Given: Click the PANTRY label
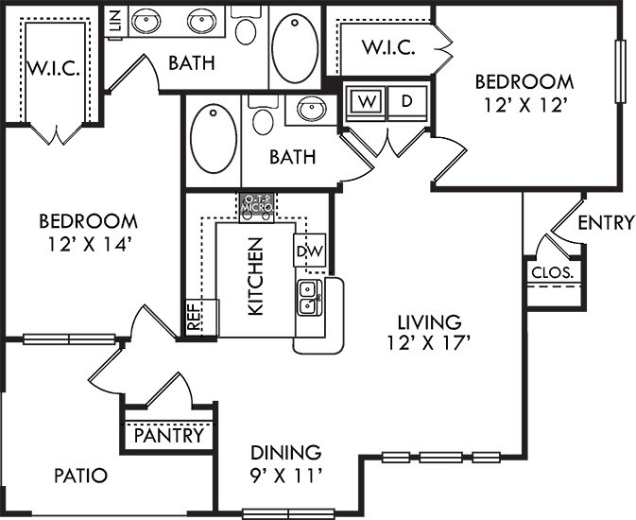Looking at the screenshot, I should pos(168,437).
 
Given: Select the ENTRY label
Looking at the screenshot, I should pos(605,223).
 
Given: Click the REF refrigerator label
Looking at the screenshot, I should pos(194,318).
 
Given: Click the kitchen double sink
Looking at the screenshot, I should pos(308,298).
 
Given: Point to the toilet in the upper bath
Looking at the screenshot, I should pos(247,28).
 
